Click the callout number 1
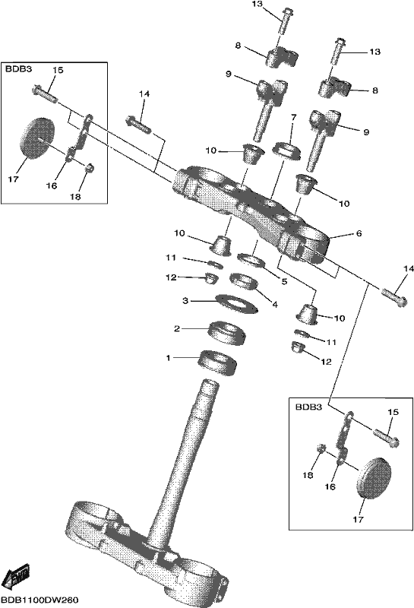[168, 358]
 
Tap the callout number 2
[177, 329]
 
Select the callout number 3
[185, 300]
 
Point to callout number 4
[275, 305]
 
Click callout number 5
[285, 281]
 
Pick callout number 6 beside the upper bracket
[359, 233]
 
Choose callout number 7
[293, 117]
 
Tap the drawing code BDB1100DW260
[40, 600]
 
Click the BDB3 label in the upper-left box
[18, 69]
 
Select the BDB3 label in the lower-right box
[309, 407]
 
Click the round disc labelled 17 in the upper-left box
[37, 138]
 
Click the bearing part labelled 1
[217, 363]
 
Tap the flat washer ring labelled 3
[237, 303]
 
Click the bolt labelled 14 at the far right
[394, 297]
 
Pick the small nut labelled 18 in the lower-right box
[321, 448]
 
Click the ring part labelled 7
[288, 150]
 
